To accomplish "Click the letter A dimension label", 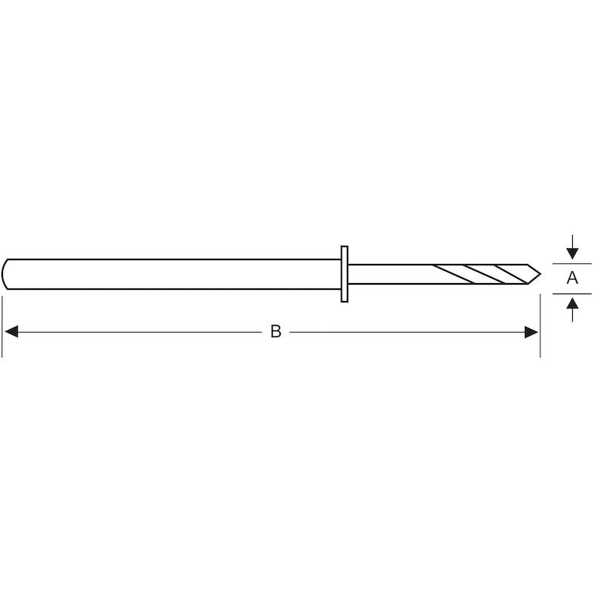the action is coord(572,278).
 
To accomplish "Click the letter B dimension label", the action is coord(276,331).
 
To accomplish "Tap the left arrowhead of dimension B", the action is coord(11,332).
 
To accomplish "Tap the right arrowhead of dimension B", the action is coord(531,332).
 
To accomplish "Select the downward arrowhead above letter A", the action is coord(572,254).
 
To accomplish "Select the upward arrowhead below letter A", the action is coord(572,304).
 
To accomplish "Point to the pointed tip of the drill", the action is coord(540,274).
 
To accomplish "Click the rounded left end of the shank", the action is coord(4,274).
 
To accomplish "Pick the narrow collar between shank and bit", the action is coord(344,274).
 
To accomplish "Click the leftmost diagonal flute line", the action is coord(454,274).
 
